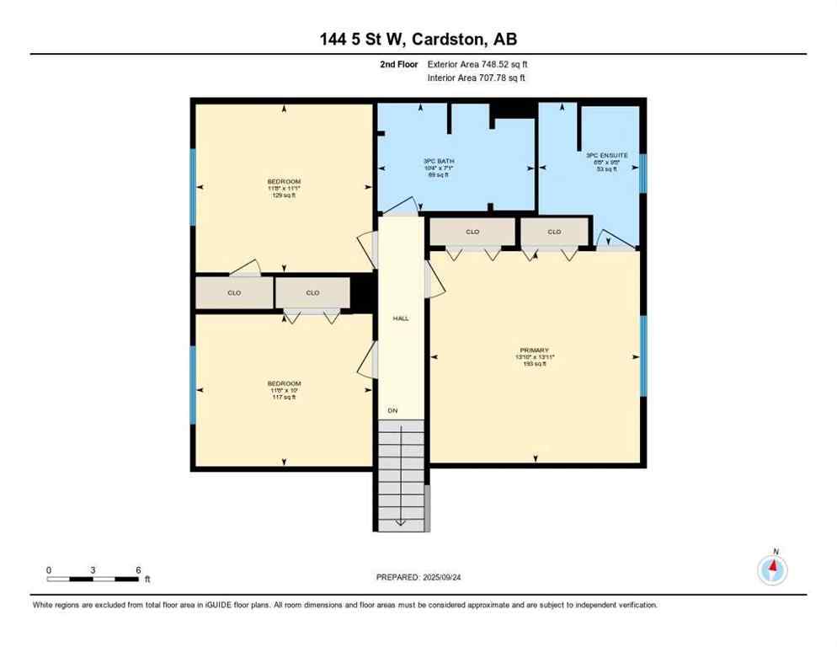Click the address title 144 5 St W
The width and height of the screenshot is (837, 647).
[x=418, y=39]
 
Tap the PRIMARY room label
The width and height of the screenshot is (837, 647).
[x=535, y=350]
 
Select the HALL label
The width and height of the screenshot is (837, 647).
[x=401, y=318]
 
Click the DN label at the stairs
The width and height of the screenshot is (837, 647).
[x=392, y=410]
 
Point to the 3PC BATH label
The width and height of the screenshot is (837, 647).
[x=434, y=161]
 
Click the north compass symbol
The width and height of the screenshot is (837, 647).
[x=772, y=569]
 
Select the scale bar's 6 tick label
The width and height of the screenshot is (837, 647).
[x=138, y=569]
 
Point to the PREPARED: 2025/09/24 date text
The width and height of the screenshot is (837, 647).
[x=418, y=577]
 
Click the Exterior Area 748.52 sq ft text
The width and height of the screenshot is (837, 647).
[x=477, y=64]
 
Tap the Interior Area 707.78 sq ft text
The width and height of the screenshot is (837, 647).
[x=477, y=78]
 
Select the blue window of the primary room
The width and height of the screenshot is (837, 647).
[x=643, y=356]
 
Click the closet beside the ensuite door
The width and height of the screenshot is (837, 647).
[x=554, y=232]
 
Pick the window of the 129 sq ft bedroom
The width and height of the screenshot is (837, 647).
[x=193, y=187]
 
